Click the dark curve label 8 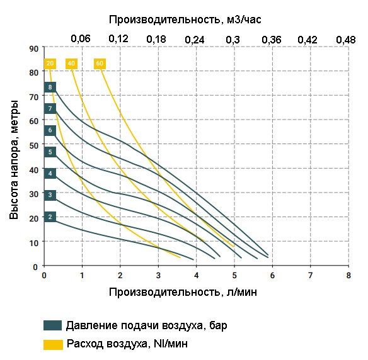pyautogui.click(x=50, y=87)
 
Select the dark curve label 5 pyautogui.click(x=50, y=152)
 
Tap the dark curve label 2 pyautogui.click(x=50, y=217)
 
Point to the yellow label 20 pyautogui.click(x=50, y=64)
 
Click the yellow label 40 pyautogui.click(x=71, y=64)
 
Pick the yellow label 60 pyautogui.click(x=100, y=64)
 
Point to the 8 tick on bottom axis pyautogui.click(x=348, y=275)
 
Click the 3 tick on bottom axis pyautogui.click(x=158, y=275)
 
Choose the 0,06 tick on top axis pyautogui.click(x=81, y=39)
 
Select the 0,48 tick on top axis pyautogui.click(x=345, y=39)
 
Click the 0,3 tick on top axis pyautogui.click(x=233, y=39)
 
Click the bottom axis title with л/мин pyautogui.click(x=183, y=291)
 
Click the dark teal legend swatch pyautogui.click(x=52, y=325)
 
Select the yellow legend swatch pyautogui.click(x=52, y=344)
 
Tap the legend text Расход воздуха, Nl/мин pyautogui.click(x=127, y=344)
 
